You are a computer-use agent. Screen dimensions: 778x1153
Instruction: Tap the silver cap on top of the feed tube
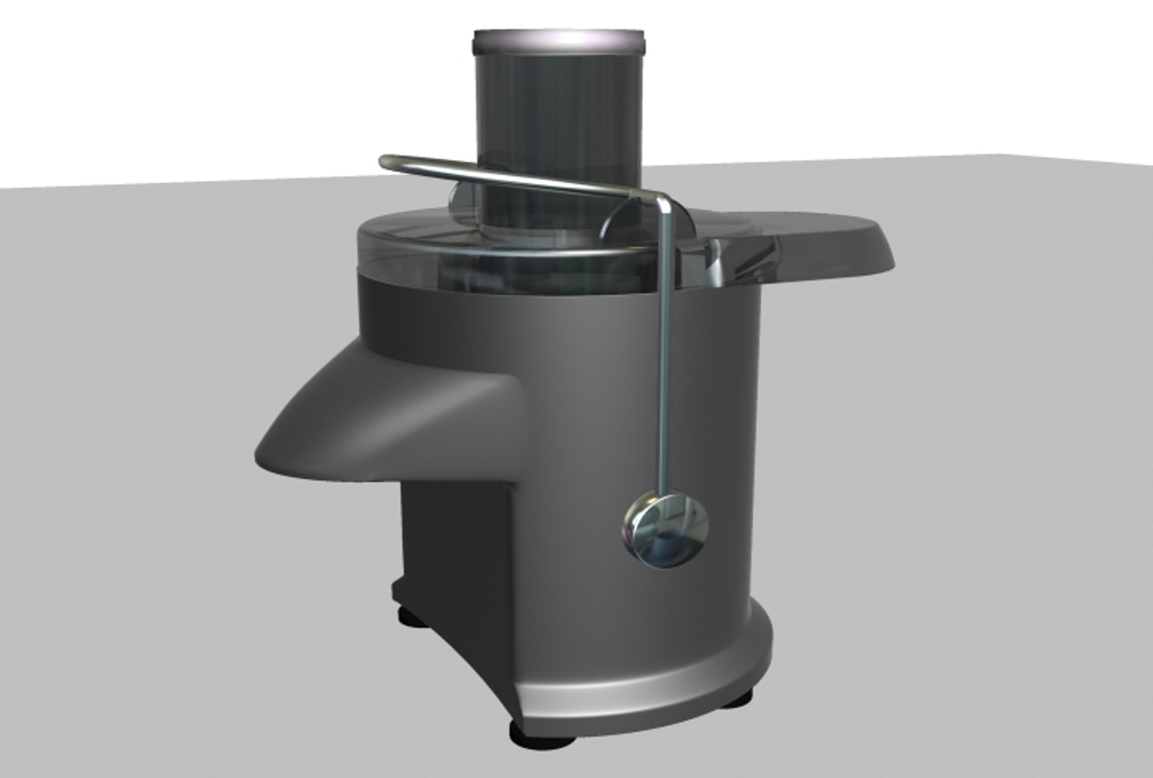point(558,42)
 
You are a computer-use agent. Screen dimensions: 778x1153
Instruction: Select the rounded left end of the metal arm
point(387,161)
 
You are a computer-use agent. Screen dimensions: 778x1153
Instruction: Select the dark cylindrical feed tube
point(558,130)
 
